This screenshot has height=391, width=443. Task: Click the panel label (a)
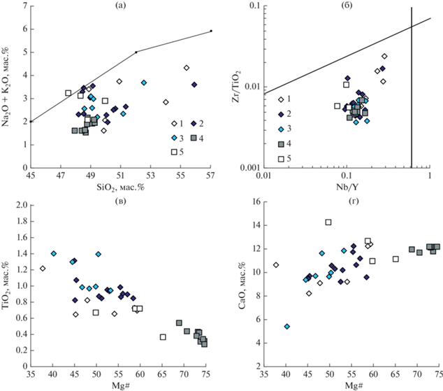coord(121,6)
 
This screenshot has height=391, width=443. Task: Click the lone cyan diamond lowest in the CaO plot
coord(286,326)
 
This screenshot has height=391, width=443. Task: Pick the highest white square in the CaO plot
coord(328,222)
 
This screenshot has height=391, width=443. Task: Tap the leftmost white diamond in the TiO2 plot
coord(43,269)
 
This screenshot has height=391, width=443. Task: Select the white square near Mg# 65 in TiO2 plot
coord(163,337)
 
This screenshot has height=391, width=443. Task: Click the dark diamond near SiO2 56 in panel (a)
coord(194,85)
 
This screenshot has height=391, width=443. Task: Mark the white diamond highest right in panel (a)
coord(187,68)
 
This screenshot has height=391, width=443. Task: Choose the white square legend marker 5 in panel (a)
coord(174,151)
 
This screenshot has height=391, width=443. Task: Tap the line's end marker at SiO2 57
coord(211,31)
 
